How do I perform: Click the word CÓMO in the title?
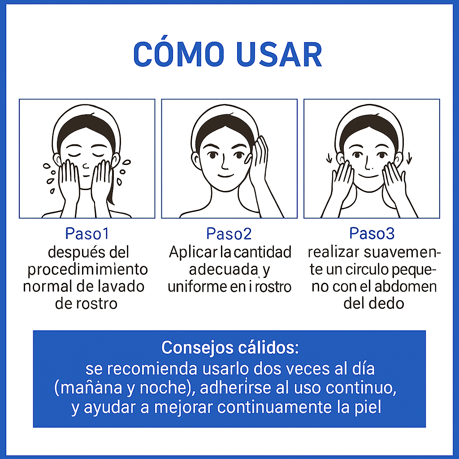[179, 54]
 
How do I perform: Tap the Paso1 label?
[87, 234]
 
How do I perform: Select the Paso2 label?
[229, 234]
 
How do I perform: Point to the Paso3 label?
[372, 233]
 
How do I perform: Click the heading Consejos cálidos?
[230, 348]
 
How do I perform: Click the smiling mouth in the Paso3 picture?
[367, 176]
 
